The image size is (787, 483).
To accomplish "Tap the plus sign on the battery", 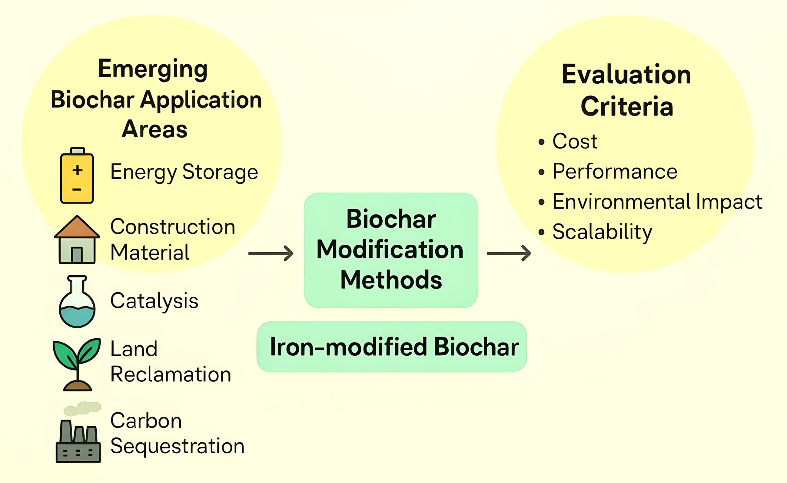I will click(77, 170).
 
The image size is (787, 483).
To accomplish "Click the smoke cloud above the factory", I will click(82, 408).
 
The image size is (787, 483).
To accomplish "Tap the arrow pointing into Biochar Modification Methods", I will click(271, 253).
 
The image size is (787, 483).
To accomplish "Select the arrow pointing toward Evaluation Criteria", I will click(509, 253).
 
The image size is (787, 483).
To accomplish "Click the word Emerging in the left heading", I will click(153, 69).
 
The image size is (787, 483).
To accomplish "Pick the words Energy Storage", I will click(184, 172).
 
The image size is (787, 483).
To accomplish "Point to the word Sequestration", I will click(177, 446).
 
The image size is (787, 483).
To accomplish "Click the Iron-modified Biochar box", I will click(392, 347).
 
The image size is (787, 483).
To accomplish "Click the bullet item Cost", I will click(575, 141).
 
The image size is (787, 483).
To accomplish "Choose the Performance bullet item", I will click(615, 172).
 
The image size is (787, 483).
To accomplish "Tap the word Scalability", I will click(602, 232).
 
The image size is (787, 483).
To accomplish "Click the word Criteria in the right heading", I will click(627, 106).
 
